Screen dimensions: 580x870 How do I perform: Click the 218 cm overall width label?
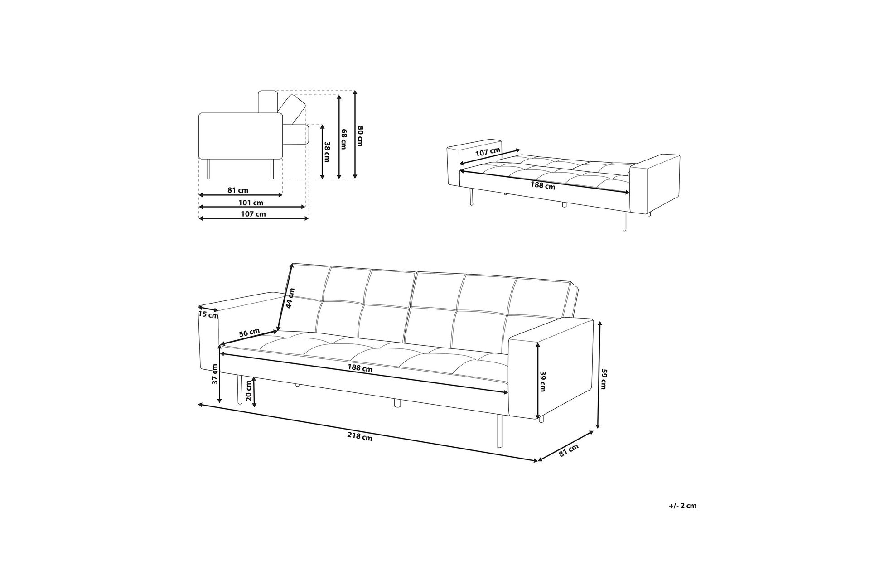click(360, 437)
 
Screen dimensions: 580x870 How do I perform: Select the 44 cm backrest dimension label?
click(290, 298)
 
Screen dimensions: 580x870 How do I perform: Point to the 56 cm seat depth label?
click(249, 333)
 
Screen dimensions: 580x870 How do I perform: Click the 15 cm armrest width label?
click(208, 313)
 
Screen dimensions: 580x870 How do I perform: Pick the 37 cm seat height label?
click(215, 374)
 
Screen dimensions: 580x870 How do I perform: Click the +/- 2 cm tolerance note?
click(682, 506)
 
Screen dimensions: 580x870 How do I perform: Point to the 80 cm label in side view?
click(361, 135)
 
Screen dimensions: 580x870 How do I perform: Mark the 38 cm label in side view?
click(327, 152)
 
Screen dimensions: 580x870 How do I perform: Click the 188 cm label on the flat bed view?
click(543, 185)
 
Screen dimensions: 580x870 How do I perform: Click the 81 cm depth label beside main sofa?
click(569, 450)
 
